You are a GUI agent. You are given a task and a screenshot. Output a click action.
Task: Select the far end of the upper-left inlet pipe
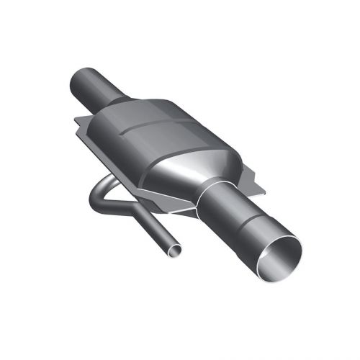(x=81, y=81)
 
